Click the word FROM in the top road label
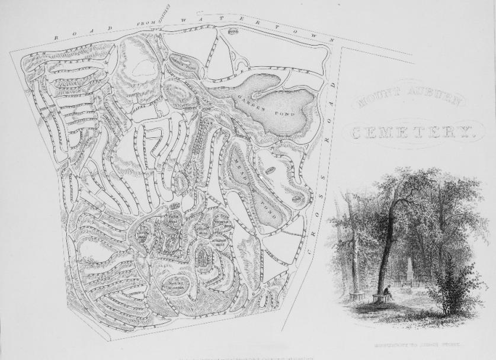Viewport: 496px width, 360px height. pyautogui.click(x=146, y=24)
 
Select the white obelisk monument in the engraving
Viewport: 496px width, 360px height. pyautogui.click(x=410, y=269)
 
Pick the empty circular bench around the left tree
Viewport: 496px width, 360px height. pyautogui.click(x=356, y=295)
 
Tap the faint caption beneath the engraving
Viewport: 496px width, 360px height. pyautogui.click(x=414, y=343)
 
